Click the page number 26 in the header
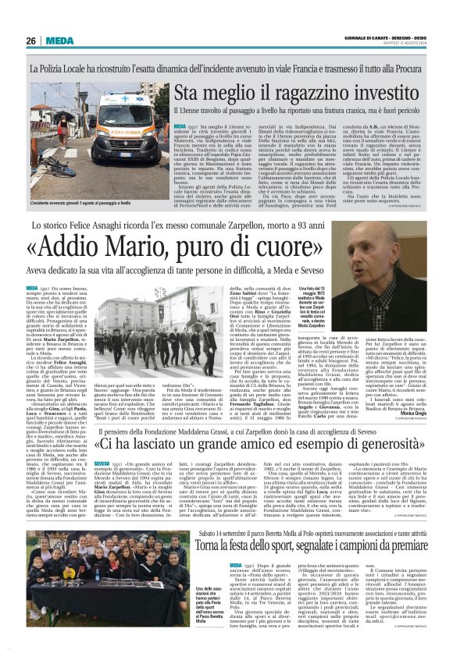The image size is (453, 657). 30,41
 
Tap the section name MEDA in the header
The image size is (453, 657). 59,41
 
